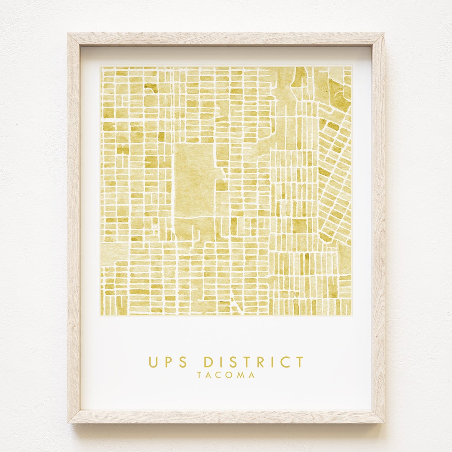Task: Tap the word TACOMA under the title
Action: (226, 375)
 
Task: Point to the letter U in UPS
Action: (153, 362)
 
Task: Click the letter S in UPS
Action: (183, 362)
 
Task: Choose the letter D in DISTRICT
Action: (209, 362)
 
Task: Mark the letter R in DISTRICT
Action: (260, 362)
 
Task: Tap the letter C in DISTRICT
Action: (285, 362)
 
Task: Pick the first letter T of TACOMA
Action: (200, 375)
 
